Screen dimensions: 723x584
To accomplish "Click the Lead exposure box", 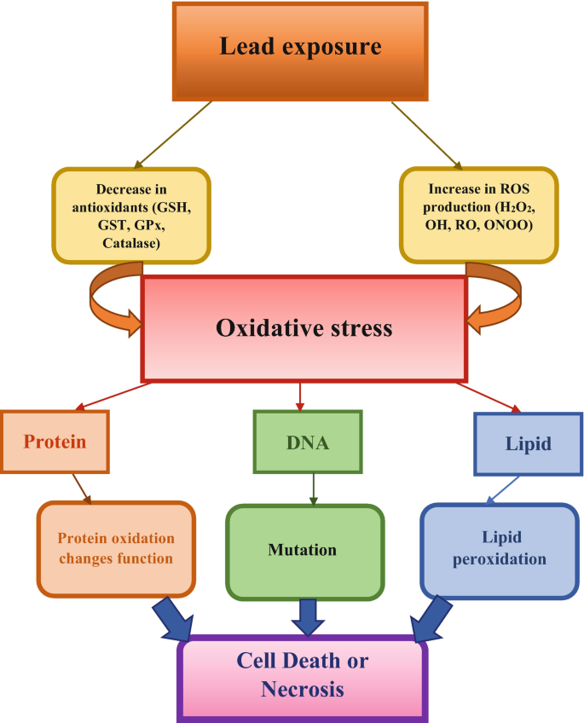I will (300, 51).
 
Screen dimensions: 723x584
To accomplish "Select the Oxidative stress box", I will (304, 328).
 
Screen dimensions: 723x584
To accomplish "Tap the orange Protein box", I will (55, 442).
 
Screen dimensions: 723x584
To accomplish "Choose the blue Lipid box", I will (527, 443).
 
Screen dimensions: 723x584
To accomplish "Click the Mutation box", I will (303, 551).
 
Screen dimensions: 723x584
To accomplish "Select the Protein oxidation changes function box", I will (116, 548).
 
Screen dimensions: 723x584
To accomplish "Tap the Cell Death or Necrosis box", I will (303, 675).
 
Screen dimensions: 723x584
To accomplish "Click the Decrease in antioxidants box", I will (130, 215).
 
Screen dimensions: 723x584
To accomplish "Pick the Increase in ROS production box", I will (479, 215).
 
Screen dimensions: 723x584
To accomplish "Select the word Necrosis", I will (304, 689).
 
